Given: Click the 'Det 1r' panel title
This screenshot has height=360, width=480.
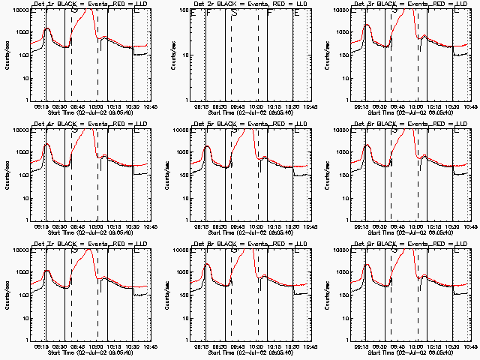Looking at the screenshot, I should [89, 4].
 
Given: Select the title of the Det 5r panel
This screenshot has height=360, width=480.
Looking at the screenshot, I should [249, 123].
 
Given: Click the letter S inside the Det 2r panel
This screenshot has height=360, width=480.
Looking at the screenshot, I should [235, 13].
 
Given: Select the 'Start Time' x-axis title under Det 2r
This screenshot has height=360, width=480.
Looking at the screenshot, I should [249, 113].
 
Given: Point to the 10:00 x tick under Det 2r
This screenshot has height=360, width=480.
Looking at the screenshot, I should [258, 106].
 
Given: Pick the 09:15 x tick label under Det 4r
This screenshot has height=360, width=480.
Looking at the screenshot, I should [41, 226].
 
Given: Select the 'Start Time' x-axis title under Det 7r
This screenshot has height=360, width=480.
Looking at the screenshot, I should [89, 352].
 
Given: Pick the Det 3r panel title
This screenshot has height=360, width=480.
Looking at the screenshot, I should [409, 4].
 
